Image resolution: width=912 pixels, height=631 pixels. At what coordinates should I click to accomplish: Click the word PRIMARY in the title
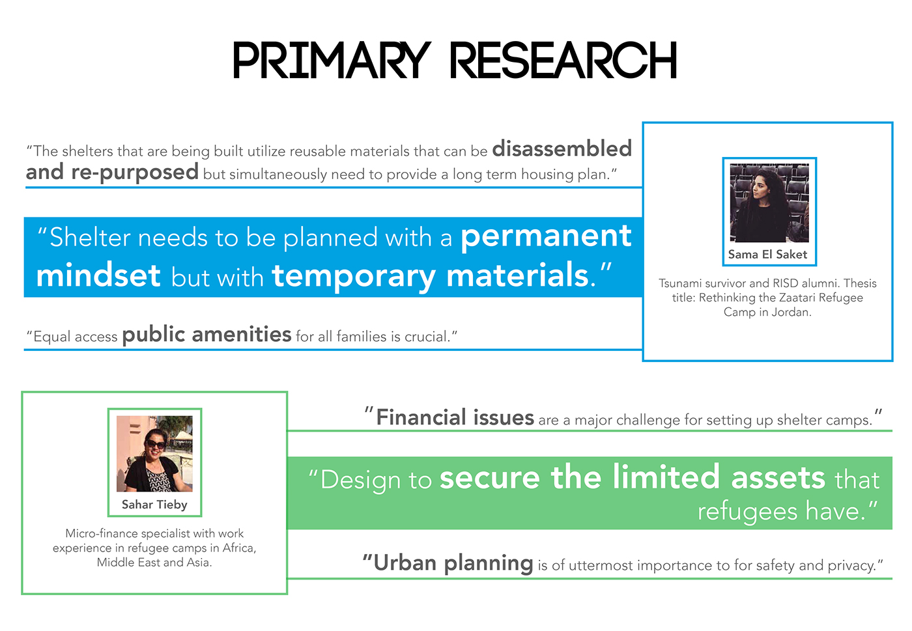click(x=332, y=60)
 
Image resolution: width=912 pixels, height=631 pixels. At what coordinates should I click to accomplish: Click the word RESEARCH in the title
click(x=563, y=60)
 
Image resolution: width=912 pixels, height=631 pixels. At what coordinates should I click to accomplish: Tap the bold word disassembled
click(x=562, y=148)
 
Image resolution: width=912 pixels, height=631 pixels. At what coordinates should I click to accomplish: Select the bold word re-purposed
click(x=135, y=173)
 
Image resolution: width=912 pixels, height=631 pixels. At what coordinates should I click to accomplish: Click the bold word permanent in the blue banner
click(x=546, y=236)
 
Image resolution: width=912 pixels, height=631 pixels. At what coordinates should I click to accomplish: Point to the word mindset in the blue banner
click(x=98, y=275)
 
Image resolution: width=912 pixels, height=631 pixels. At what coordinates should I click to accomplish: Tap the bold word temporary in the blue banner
click(x=354, y=277)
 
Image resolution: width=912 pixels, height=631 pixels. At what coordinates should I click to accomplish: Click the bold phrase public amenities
click(x=207, y=335)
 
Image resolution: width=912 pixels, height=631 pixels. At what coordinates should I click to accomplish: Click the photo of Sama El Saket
click(x=769, y=203)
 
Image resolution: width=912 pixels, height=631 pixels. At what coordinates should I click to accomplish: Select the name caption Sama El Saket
click(x=767, y=255)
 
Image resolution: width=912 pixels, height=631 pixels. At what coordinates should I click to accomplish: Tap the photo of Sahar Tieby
click(x=154, y=453)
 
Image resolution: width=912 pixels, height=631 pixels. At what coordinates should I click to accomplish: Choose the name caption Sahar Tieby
click(x=154, y=505)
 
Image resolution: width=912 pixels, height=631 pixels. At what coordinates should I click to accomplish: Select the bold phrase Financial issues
click(x=455, y=417)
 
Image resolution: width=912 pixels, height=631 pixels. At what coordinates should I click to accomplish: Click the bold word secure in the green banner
click(x=490, y=477)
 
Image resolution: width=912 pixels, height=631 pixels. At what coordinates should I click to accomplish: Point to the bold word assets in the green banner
click(x=778, y=478)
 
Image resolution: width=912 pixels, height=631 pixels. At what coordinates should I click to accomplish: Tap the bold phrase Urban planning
click(x=453, y=563)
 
